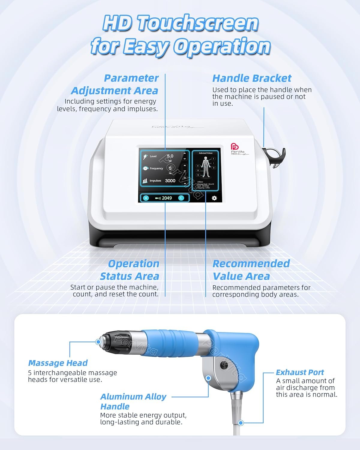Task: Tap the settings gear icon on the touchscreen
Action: coord(214,198)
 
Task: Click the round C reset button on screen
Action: coord(181,198)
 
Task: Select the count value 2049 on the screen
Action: coord(167,198)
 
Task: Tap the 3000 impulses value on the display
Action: coord(170,181)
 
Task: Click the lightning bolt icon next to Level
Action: coord(145,157)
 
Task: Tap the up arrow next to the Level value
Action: coord(184,154)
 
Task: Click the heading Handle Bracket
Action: coord(252,78)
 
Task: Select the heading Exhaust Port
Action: coord(300,372)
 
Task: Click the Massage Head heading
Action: coord(58,363)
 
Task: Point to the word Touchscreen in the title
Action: coord(197,23)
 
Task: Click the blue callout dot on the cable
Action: coord(240,423)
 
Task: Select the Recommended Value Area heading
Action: coord(251,270)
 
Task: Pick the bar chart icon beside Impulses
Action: coord(145,181)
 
